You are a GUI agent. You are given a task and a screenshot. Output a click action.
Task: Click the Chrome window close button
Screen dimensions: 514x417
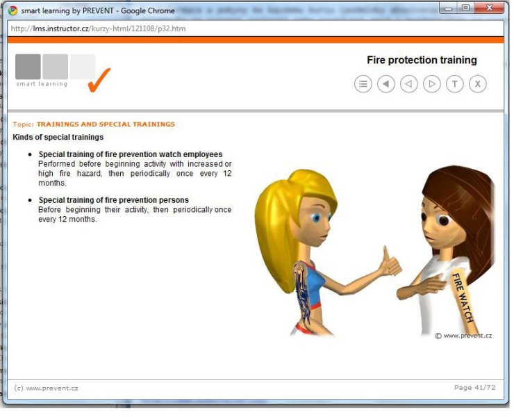(x=490, y=8)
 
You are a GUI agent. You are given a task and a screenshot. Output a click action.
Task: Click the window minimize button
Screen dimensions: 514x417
(x=449, y=8)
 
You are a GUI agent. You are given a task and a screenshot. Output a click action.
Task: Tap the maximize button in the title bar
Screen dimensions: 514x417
(x=465, y=8)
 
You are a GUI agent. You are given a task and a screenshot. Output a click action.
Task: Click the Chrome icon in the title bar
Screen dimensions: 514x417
(x=13, y=11)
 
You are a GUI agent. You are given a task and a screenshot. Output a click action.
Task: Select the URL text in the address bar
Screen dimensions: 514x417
(x=99, y=28)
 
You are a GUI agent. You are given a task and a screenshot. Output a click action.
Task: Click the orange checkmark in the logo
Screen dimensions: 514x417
(x=99, y=80)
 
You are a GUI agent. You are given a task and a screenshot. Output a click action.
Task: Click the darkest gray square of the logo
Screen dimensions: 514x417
(x=28, y=67)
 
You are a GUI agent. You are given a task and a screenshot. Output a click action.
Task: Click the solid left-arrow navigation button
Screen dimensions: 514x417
(x=385, y=84)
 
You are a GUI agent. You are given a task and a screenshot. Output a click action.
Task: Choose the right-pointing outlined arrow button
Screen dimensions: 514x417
(x=432, y=84)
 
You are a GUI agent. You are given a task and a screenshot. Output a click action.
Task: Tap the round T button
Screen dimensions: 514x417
(x=455, y=84)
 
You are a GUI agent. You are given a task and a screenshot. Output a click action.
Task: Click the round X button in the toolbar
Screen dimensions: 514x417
(x=478, y=84)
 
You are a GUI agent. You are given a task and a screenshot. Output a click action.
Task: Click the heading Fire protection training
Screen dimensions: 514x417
(x=422, y=60)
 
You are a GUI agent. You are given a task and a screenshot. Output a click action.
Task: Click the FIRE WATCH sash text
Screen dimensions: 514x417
(x=463, y=297)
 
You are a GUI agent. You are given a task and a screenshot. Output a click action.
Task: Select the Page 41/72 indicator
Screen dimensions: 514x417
(x=474, y=388)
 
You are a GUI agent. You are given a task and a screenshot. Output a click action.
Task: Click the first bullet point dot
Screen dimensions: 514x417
(x=30, y=154)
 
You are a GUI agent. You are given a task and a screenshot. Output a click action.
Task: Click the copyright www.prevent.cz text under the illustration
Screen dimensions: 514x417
(x=463, y=336)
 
